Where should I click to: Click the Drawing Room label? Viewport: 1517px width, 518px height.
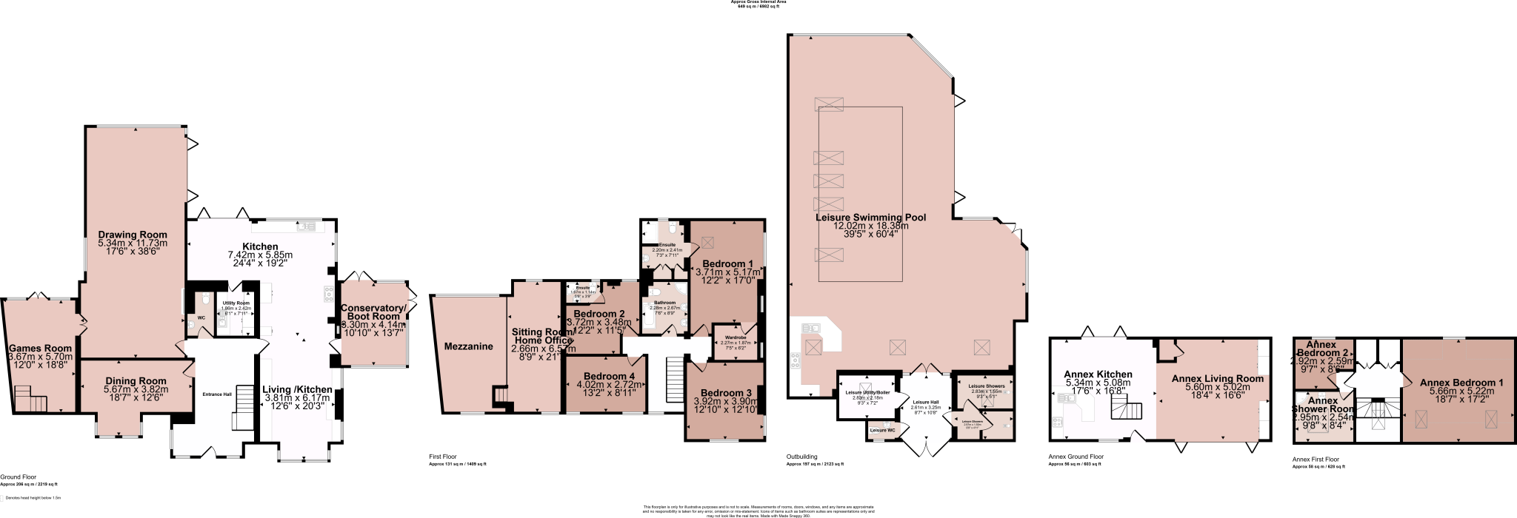coord(133,235)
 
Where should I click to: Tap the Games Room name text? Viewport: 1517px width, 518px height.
coord(40,349)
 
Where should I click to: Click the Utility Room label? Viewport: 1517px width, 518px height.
coord(236,303)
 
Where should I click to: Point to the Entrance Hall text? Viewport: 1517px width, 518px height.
coord(217,394)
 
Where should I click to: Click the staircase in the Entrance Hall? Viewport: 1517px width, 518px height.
coord(244,408)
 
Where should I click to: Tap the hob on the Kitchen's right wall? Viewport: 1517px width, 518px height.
coord(328,294)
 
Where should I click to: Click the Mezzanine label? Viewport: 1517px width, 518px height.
coord(468,346)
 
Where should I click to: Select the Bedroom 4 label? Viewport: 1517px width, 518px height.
coord(605,377)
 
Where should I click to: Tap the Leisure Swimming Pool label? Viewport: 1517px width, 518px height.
coord(870,218)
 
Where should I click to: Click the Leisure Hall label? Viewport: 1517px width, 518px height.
coord(925,402)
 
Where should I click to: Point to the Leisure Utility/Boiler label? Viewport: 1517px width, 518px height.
coord(867,392)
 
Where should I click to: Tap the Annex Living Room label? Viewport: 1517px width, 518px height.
coord(1217,379)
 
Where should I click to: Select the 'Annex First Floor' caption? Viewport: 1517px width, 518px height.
coord(1316,460)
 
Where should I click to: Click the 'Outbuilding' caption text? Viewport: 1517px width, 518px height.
coord(801,457)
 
